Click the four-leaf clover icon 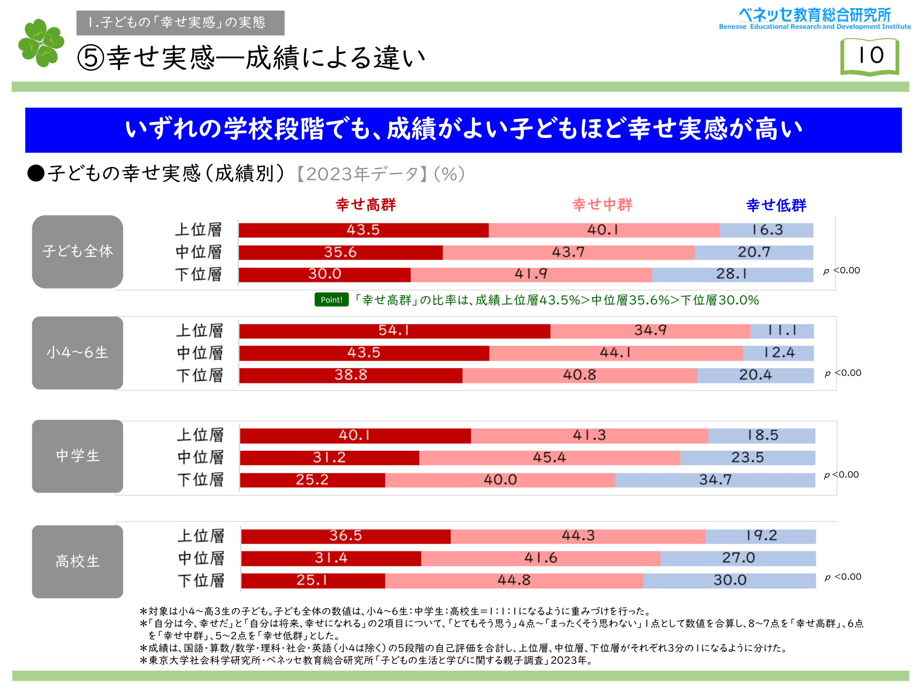[x=41, y=43]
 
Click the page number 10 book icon [x=869, y=57]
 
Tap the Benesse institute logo [x=815, y=19]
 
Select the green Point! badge [x=331, y=300]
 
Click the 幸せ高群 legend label [x=366, y=205]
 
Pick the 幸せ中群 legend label [x=602, y=205]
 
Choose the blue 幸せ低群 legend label [x=776, y=205]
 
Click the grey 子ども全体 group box [x=77, y=252]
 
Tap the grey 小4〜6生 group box [x=77, y=353]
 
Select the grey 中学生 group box [x=77, y=456]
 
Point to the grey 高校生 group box [x=77, y=562]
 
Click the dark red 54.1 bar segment [x=394, y=331]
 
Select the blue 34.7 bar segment [x=715, y=480]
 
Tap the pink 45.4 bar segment [x=549, y=458]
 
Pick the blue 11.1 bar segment [x=782, y=331]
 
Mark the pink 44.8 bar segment [x=514, y=581]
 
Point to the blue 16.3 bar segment [x=766, y=230]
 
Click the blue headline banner [x=463, y=130]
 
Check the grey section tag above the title [x=180, y=23]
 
